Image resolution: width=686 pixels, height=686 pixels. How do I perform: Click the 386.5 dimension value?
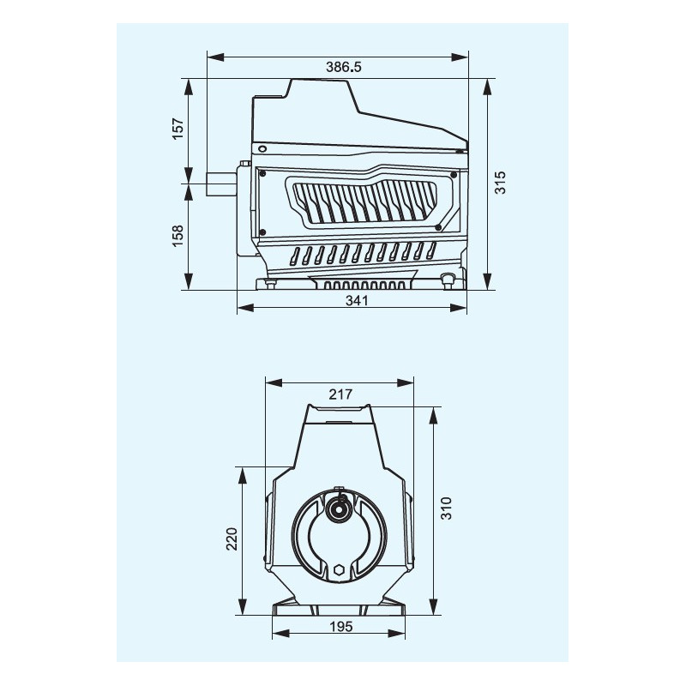coord(344,67)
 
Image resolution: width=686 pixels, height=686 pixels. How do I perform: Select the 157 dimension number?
coord(178,129)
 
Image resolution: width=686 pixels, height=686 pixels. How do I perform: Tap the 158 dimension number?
coord(178,236)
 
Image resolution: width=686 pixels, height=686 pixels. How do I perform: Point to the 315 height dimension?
coord(500,183)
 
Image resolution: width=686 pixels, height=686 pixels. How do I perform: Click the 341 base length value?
coord(357,301)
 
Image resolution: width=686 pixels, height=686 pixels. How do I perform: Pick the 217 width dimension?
coord(340,394)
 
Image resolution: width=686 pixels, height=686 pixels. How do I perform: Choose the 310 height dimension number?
coord(446,508)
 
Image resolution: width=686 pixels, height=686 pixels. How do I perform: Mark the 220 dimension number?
coord(232,539)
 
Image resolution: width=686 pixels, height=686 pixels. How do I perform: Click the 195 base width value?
coord(340,627)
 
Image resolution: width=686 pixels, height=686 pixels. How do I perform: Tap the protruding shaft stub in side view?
coord(222,184)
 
